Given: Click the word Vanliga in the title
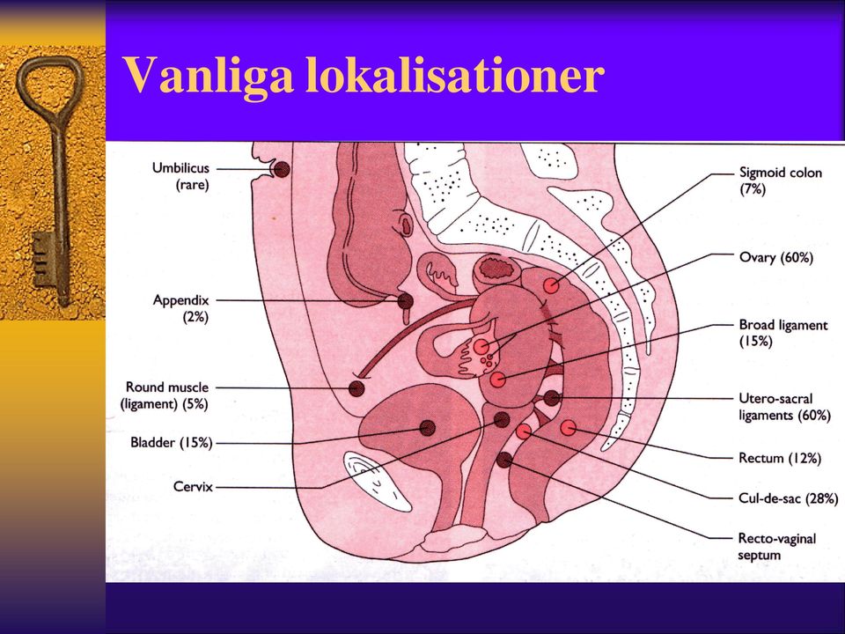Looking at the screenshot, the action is [209, 75].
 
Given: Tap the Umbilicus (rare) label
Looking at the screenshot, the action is [180, 176].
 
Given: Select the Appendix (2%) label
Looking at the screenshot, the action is [180, 308].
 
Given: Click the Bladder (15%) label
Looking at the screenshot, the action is [172, 443].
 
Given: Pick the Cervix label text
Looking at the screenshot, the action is [193, 487].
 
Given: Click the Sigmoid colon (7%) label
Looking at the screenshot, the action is [781, 181].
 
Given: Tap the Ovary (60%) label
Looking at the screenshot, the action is [776, 257].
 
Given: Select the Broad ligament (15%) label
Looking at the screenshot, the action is [783, 333].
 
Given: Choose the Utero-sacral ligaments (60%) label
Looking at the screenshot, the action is [784, 407].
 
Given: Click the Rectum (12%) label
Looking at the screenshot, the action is [780, 458].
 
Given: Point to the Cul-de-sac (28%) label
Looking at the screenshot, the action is [788, 498].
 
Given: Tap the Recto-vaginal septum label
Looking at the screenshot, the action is [776, 546].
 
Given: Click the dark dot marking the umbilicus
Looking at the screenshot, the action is [282, 169].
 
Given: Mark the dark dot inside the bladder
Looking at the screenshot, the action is [428, 428].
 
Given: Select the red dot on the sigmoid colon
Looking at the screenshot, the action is [551, 285].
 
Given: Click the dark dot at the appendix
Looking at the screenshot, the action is [406, 301].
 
